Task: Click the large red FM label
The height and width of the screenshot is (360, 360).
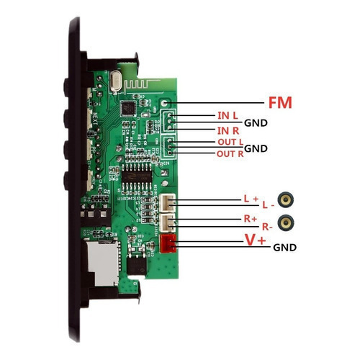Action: click(280, 103)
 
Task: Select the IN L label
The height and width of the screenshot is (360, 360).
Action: click(228, 116)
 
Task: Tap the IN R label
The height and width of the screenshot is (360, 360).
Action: click(228, 131)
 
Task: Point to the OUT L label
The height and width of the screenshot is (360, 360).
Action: click(230, 142)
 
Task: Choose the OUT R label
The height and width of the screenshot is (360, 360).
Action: click(230, 154)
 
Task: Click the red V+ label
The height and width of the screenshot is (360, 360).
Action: click(255, 240)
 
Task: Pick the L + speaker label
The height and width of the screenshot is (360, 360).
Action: click(251, 199)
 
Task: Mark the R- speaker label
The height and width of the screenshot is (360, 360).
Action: click(267, 227)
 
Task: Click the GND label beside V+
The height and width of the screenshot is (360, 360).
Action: click(284, 248)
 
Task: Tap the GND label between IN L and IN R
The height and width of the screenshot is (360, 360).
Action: click(256, 123)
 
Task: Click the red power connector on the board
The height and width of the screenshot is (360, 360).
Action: click(168, 243)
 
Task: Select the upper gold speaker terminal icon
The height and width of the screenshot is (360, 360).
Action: click(286, 199)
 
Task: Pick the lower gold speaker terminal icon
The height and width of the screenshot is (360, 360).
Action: click(286, 223)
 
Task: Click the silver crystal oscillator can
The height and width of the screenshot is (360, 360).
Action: click(116, 81)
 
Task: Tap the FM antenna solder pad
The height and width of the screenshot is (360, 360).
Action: click(164, 103)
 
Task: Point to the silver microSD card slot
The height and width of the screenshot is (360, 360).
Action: click(103, 263)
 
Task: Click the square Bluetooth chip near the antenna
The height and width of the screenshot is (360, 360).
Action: click(128, 108)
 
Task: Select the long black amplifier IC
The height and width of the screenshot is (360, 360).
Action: click(137, 177)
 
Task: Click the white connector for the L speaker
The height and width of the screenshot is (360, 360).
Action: click(168, 203)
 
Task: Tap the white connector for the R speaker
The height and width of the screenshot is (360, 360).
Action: click(168, 223)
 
